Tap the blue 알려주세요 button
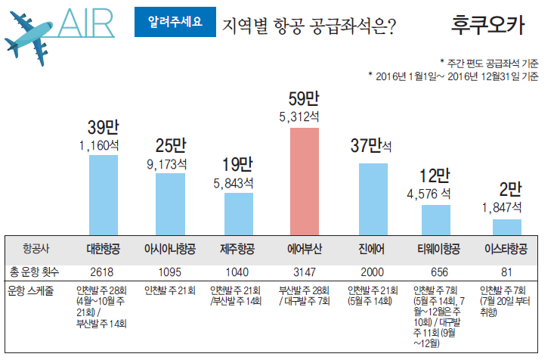pos(173,22)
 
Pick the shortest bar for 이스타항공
pos(502,227)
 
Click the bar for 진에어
pos(368,198)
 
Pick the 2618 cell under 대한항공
pos(103,271)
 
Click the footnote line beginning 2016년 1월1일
pos(453,76)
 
